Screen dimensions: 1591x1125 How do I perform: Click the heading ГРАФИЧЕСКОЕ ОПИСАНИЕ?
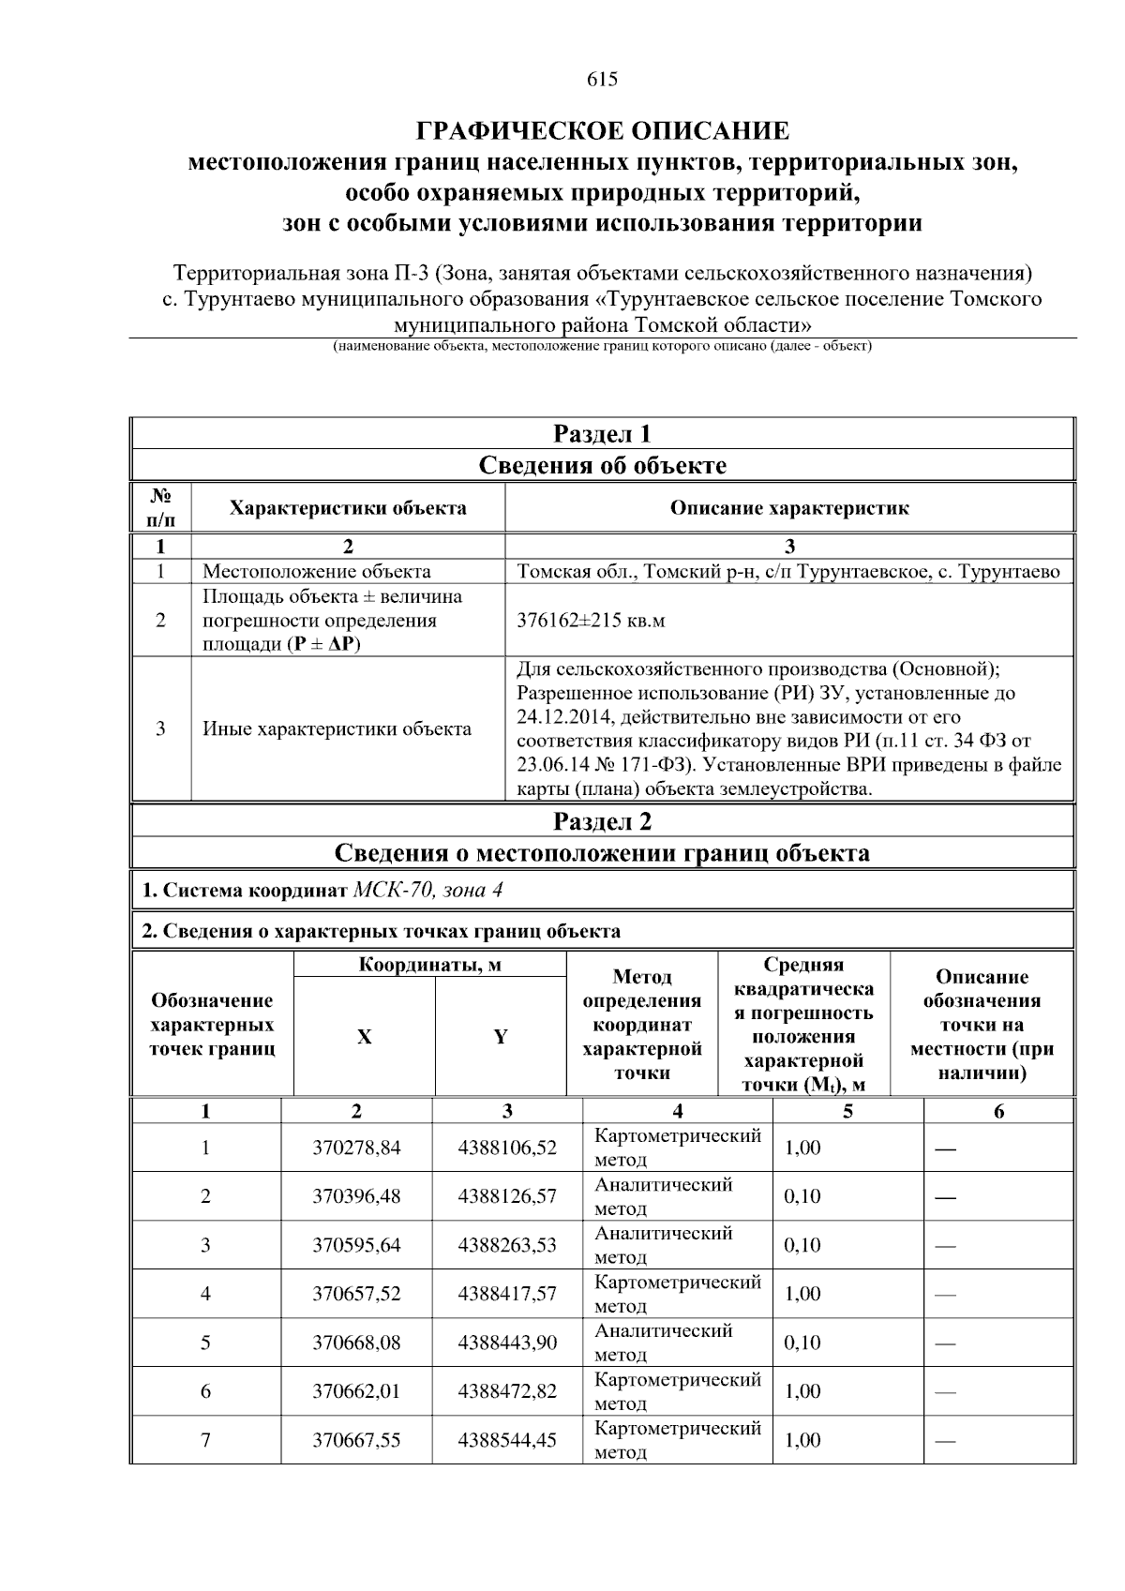tap(602, 130)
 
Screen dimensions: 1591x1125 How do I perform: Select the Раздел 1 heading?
tap(602, 434)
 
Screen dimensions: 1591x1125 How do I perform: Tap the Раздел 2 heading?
tap(602, 821)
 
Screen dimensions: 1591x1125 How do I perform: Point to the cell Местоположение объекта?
tap(317, 572)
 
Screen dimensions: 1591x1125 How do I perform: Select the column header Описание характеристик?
tap(788, 508)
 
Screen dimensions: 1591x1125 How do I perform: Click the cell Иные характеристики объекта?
tap(337, 729)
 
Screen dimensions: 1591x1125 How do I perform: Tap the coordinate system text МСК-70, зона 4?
tap(427, 890)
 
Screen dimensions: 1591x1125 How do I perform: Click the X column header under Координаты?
tap(364, 1037)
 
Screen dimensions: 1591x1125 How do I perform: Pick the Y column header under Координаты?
tap(501, 1037)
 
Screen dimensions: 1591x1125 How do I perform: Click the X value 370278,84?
tap(356, 1148)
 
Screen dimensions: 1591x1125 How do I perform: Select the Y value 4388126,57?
tap(507, 1196)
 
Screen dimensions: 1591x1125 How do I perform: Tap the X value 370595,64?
tap(356, 1245)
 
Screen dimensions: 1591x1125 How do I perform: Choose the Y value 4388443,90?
tap(507, 1343)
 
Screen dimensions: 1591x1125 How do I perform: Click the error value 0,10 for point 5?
tap(802, 1343)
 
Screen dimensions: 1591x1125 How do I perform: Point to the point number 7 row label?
tap(205, 1440)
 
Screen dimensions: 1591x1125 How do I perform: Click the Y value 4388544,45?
tap(507, 1440)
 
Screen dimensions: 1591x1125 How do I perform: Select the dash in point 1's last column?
tap(946, 1148)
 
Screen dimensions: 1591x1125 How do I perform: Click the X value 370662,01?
tap(356, 1391)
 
